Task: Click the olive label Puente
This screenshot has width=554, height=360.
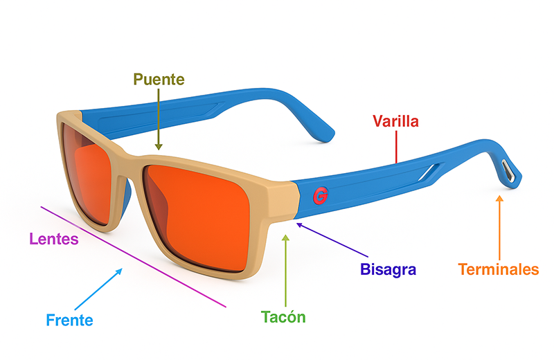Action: click(x=159, y=80)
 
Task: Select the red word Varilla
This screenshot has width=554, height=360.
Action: click(x=395, y=122)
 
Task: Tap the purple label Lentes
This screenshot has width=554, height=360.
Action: click(x=54, y=240)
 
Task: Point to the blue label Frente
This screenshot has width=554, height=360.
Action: click(x=69, y=320)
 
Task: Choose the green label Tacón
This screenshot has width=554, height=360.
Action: click(x=283, y=317)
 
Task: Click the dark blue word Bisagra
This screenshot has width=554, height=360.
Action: click(x=388, y=269)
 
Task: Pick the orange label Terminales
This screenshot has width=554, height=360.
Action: click(x=499, y=269)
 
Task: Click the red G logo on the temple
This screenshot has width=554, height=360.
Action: click(x=319, y=196)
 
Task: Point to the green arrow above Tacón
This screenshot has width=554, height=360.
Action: click(x=285, y=270)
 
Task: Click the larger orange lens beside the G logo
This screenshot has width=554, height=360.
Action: click(x=201, y=211)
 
